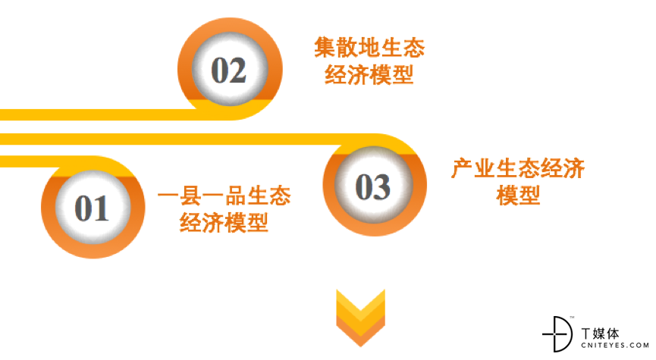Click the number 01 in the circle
click(92, 208)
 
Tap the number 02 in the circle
click(228, 70)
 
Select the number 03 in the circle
click(373, 186)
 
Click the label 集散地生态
click(369, 47)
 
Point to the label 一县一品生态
click(224, 196)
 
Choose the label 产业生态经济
click(518, 168)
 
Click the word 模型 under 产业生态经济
click(518, 196)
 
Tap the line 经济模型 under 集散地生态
click(369, 74)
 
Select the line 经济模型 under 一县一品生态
click(224, 222)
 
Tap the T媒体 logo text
click(601, 333)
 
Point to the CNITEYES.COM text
click(614, 346)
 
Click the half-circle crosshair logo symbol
click(557, 334)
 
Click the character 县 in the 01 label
click(191, 196)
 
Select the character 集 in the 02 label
click(325, 47)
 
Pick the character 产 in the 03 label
click(463, 168)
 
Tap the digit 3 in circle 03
click(382, 186)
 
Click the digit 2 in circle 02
click(237, 70)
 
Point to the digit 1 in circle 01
click(102, 208)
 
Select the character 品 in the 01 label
click(235, 196)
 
